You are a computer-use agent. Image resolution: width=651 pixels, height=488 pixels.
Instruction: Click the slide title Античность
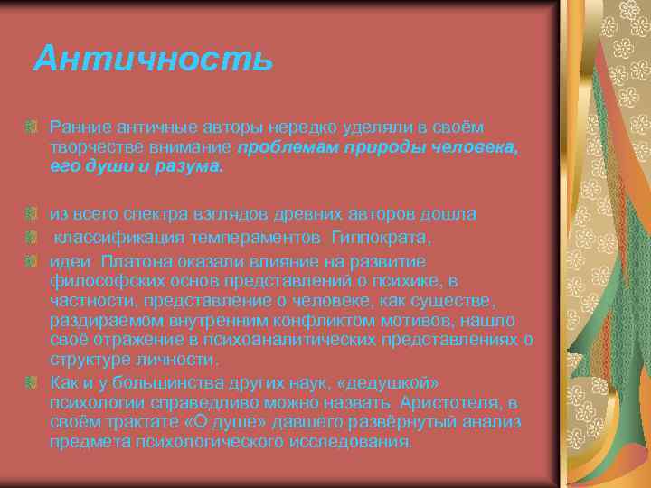pos(152,60)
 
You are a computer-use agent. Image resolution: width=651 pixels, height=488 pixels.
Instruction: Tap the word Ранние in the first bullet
pos(76,129)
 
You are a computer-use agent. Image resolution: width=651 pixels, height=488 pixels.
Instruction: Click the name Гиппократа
pos(381,236)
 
